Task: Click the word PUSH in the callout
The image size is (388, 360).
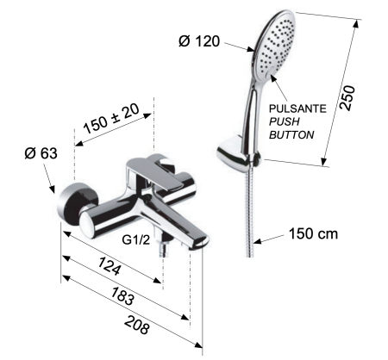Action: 286,122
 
